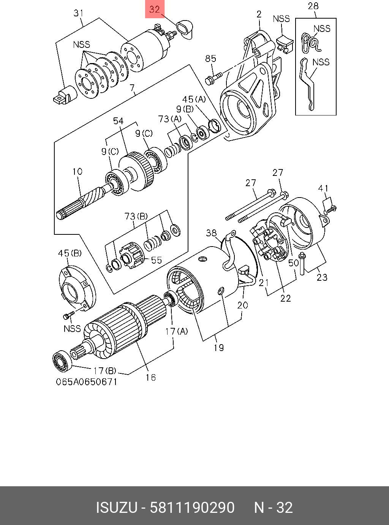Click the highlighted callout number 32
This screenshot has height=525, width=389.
pos(155,9)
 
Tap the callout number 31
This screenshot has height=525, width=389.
pos(78,13)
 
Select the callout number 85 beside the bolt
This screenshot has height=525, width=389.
pos(210,59)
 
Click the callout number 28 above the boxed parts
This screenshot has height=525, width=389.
pos(313,6)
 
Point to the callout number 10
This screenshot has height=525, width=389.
pos(77,171)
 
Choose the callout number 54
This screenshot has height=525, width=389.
pos(118,121)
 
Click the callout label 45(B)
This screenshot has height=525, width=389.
pos(69,253)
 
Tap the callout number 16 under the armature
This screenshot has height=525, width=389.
pos(151,377)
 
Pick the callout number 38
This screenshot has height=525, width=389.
pos(211,233)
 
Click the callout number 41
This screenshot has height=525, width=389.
pos(323,188)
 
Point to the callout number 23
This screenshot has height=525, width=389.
pos(322,277)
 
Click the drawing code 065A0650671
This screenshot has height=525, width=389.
pos(87,382)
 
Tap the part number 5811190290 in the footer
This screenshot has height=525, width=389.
pos(192,508)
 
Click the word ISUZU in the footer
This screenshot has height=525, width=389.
pos(116,508)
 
